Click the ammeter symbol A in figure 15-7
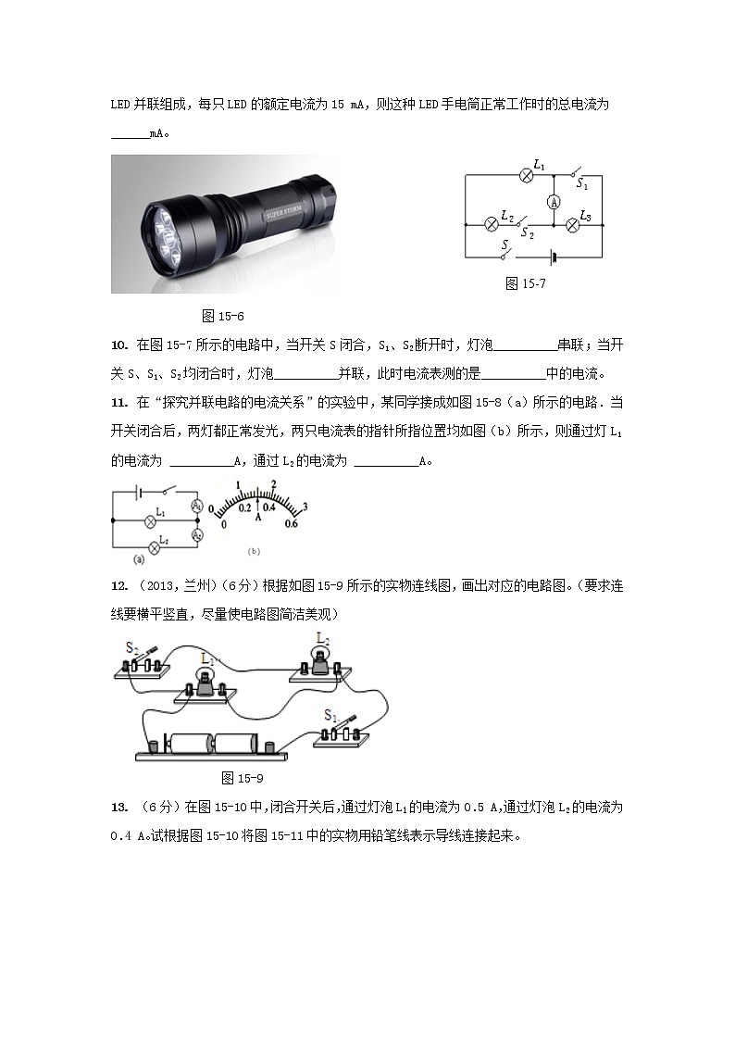pyautogui.click(x=553, y=201)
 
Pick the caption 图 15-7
pyautogui.click(x=526, y=284)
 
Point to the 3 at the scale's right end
pyautogui.click(x=305, y=505)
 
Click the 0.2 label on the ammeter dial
pyautogui.click(x=244, y=508)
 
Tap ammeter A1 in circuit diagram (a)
pyautogui.click(x=196, y=506)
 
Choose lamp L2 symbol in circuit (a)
pyautogui.click(x=155, y=548)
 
